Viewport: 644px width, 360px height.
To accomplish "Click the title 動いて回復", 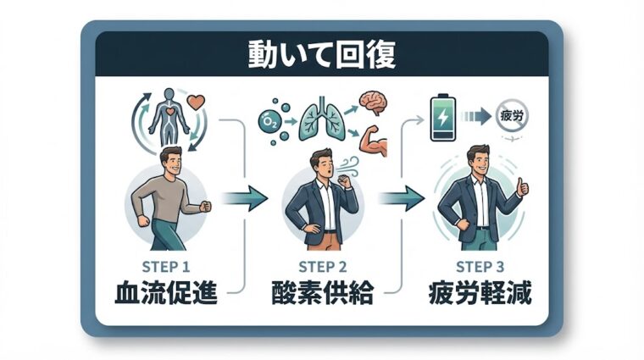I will (x=321, y=55).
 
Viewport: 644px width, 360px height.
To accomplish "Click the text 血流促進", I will (x=166, y=293).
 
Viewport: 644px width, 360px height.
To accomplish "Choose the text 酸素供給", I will (x=321, y=293).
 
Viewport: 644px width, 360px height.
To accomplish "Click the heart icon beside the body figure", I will (x=196, y=104).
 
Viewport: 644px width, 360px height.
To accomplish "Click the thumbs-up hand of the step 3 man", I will (x=522, y=186).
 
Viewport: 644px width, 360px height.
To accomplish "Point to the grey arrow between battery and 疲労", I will (x=480, y=114).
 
